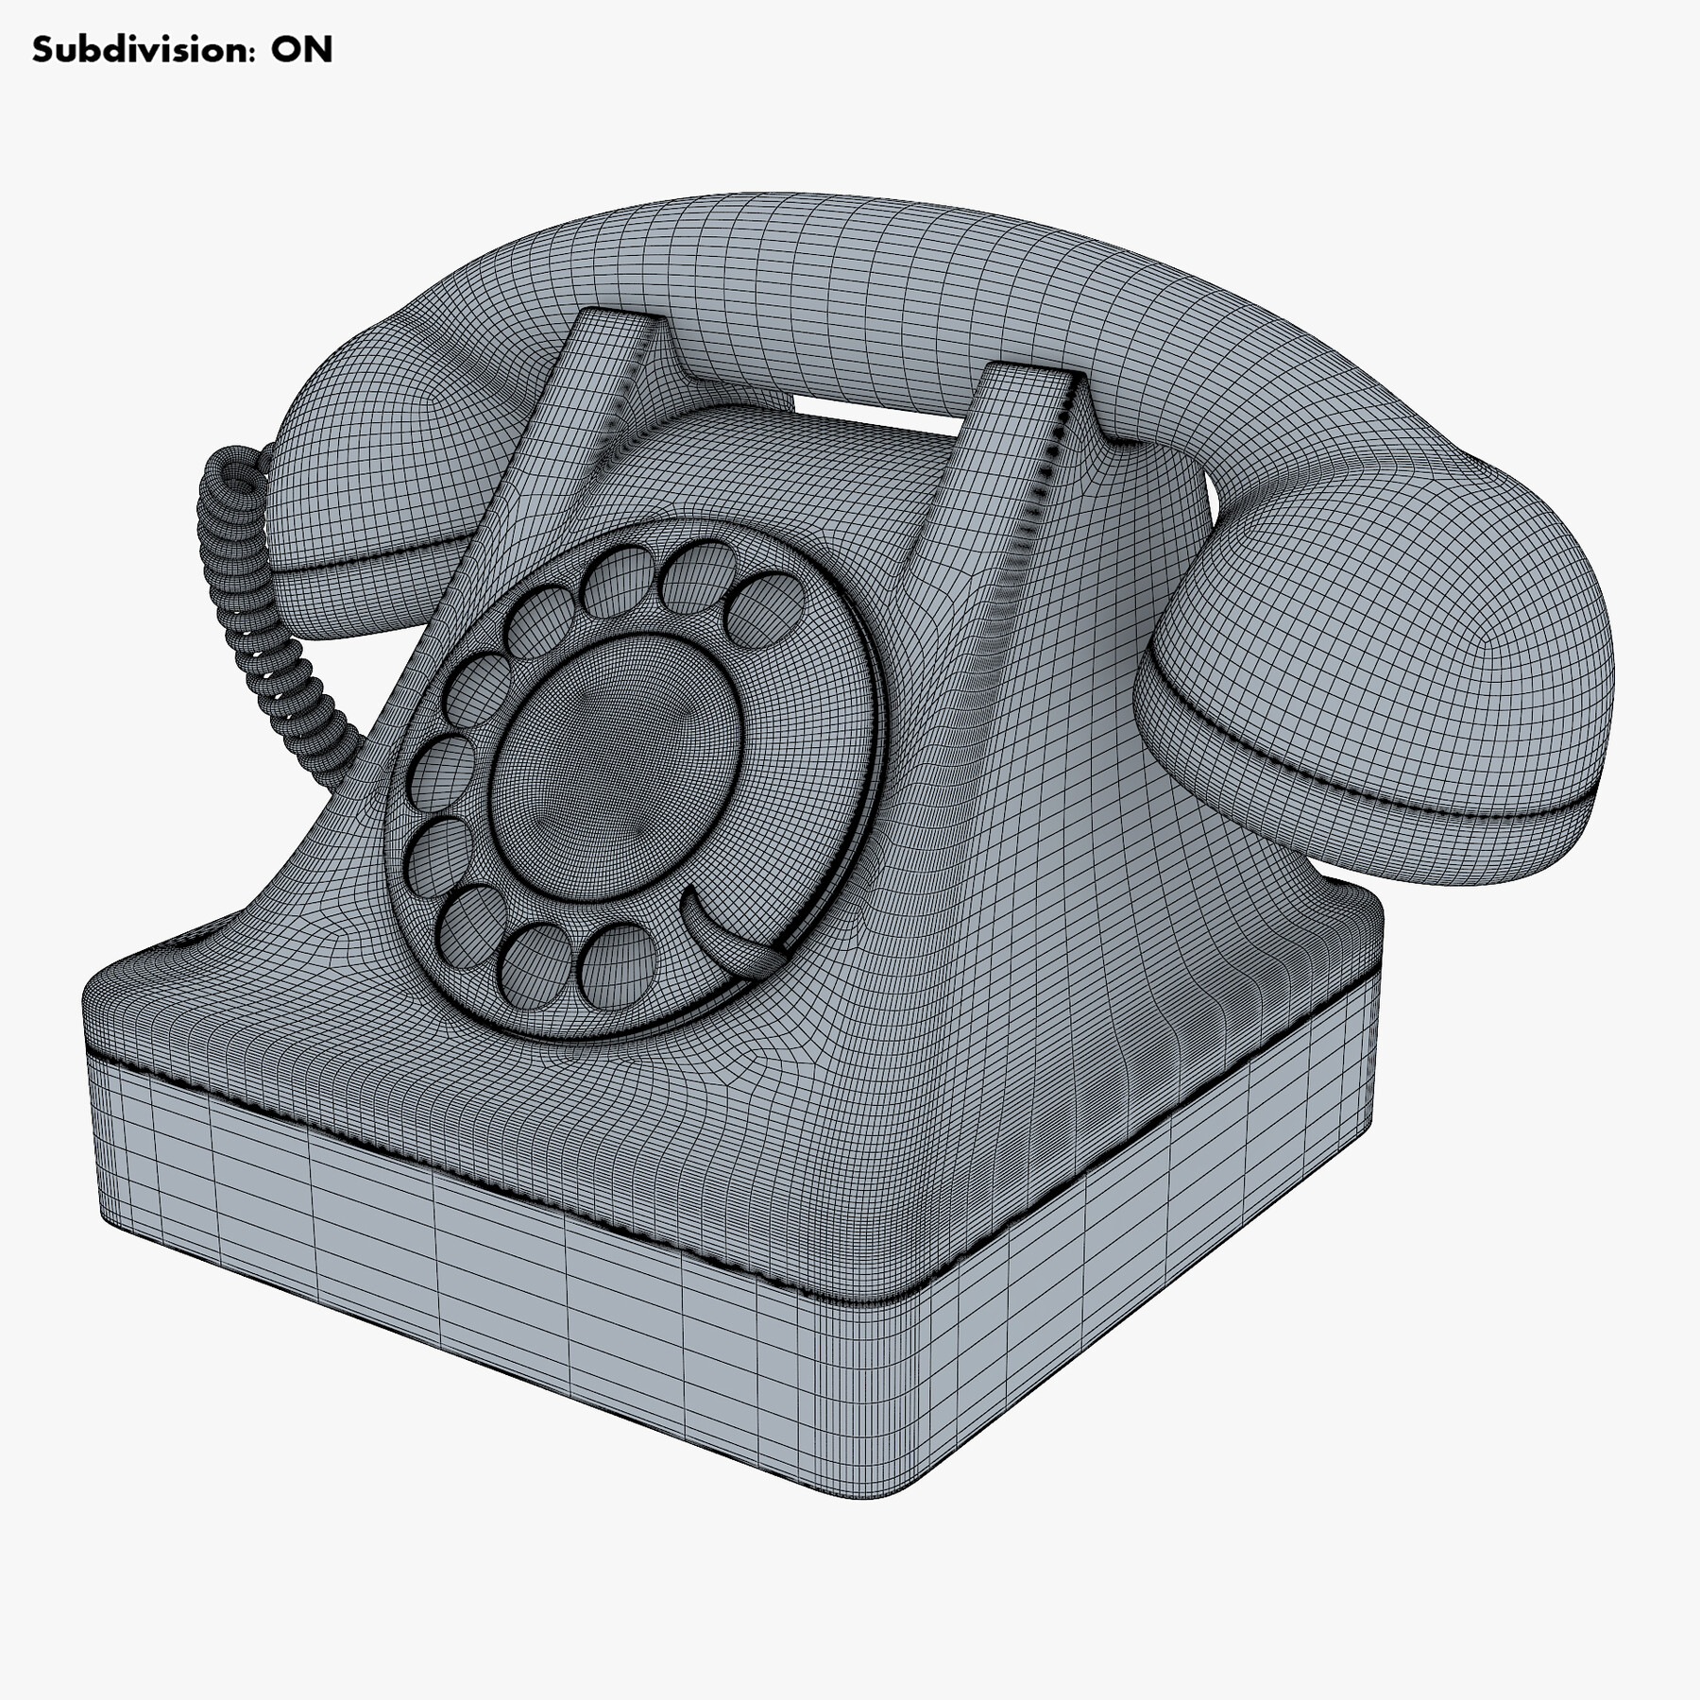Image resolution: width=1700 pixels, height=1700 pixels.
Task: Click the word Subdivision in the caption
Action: click(142, 50)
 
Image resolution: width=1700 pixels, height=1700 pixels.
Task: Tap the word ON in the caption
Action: click(302, 50)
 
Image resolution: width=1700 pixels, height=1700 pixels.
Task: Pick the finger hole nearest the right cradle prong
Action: click(765, 609)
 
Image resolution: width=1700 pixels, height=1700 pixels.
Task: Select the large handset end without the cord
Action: click(1379, 680)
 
